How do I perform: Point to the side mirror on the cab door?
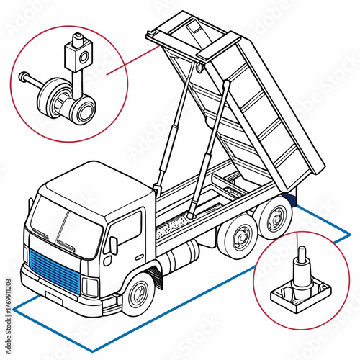click(x=113, y=245)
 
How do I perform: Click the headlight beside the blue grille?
click(x=89, y=286)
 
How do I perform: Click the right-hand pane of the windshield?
click(x=79, y=234)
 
